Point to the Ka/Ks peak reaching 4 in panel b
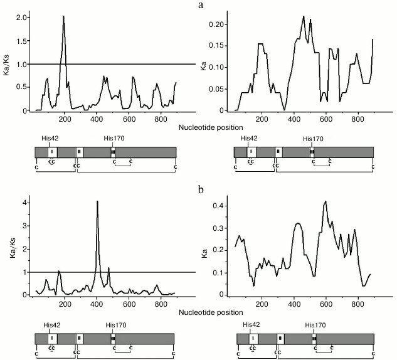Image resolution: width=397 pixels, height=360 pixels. click(x=97, y=201)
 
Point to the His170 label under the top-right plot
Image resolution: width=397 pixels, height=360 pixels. click(x=314, y=139)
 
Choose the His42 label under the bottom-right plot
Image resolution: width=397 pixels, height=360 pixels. click(x=252, y=324)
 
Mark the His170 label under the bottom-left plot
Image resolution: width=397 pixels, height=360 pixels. click(x=113, y=325)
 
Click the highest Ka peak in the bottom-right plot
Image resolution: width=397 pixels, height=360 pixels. click(x=326, y=201)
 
